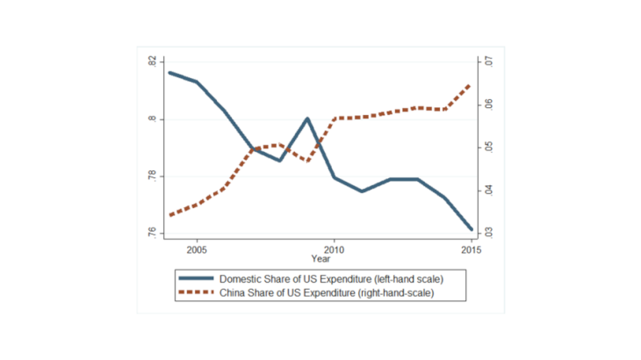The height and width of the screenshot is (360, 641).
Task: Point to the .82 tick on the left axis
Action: tap(153, 62)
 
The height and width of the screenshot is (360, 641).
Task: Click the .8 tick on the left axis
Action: tap(153, 119)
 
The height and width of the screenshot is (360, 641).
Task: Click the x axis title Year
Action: tap(320, 259)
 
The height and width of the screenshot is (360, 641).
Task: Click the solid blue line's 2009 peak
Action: tap(306, 119)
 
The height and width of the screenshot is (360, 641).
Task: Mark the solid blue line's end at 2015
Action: tap(471, 229)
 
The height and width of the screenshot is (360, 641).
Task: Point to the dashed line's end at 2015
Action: tap(471, 84)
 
